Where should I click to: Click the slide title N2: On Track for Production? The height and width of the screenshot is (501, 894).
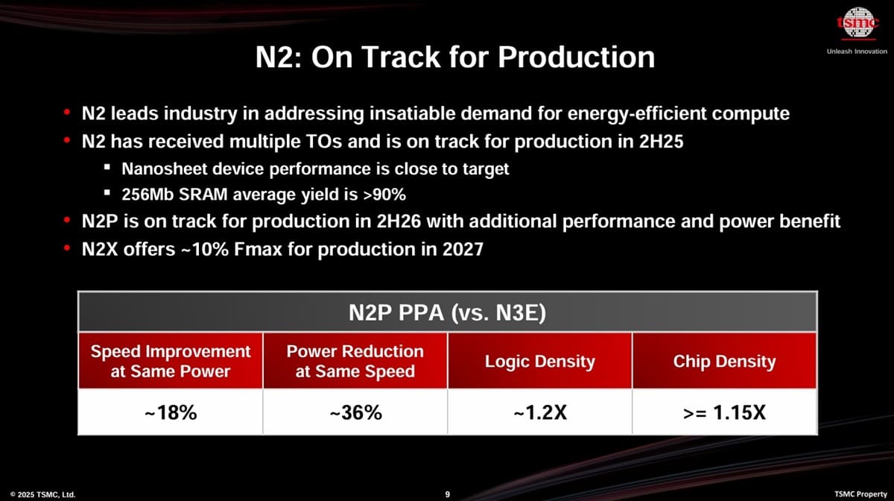point(454,57)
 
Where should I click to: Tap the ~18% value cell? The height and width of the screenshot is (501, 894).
point(171,412)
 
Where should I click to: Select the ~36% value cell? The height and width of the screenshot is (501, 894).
point(355,412)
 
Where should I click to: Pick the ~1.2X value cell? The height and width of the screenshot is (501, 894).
point(540,412)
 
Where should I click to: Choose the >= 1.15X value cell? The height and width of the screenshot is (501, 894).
point(724,412)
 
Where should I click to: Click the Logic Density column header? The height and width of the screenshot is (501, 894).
point(540,362)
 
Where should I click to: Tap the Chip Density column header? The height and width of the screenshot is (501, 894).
point(724,362)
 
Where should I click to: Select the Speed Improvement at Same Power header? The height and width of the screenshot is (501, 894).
point(171,361)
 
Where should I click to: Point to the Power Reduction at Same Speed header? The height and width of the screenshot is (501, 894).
point(355,361)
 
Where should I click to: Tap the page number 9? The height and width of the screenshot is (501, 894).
point(447,494)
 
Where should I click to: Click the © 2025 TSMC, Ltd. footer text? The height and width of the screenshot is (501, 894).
point(42,494)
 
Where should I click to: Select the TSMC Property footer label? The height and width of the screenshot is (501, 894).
point(860,494)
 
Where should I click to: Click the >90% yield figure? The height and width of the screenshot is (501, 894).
point(384,195)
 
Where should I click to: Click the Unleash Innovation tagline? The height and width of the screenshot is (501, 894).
point(857,51)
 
